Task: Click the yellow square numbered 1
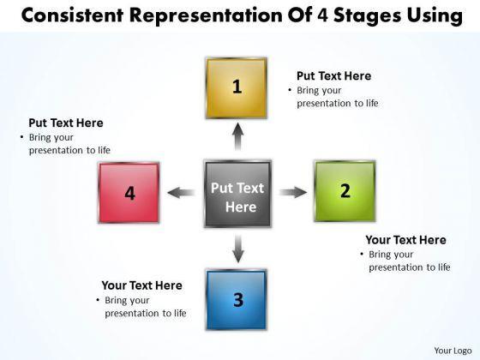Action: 237,87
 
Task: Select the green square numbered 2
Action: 345,191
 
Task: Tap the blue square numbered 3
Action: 237,300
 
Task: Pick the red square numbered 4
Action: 129,193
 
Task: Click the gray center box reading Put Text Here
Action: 237,194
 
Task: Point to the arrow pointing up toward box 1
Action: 237,136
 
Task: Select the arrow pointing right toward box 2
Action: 293,192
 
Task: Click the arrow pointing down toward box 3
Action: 238,249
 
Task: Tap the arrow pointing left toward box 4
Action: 181,193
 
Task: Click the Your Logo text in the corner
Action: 453,351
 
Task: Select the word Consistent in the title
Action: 72,15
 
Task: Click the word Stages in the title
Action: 367,16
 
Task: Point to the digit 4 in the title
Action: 323,15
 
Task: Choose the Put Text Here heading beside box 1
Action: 334,76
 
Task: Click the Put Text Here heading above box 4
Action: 66,123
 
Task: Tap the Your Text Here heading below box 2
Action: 405,240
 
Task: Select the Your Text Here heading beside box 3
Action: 141,285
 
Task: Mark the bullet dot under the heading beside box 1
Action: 290,91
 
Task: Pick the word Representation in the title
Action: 206,16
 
